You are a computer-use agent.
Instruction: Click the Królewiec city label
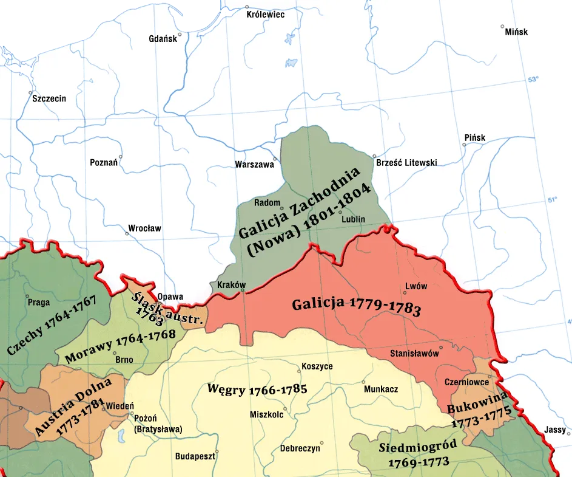tap(266, 15)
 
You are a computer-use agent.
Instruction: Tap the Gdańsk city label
tap(163, 39)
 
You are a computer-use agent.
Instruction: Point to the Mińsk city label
tap(516, 32)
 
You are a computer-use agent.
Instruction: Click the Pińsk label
tap(474, 138)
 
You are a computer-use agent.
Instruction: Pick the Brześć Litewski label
tap(406, 163)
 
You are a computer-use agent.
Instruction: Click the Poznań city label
tap(103, 163)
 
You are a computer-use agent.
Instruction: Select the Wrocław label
tap(144, 229)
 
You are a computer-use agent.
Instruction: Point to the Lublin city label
tap(354, 219)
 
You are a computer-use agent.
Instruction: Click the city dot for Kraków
tap(243, 291)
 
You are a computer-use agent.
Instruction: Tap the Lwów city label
tap(416, 287)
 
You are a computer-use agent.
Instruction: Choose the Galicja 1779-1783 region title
tap(356, 306)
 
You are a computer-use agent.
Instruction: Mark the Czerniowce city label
tap(467, 383)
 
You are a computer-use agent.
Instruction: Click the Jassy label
tap(555, 429)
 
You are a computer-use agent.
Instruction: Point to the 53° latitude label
tap(532, 80)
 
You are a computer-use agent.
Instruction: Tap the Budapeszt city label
tap(195, 456)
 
